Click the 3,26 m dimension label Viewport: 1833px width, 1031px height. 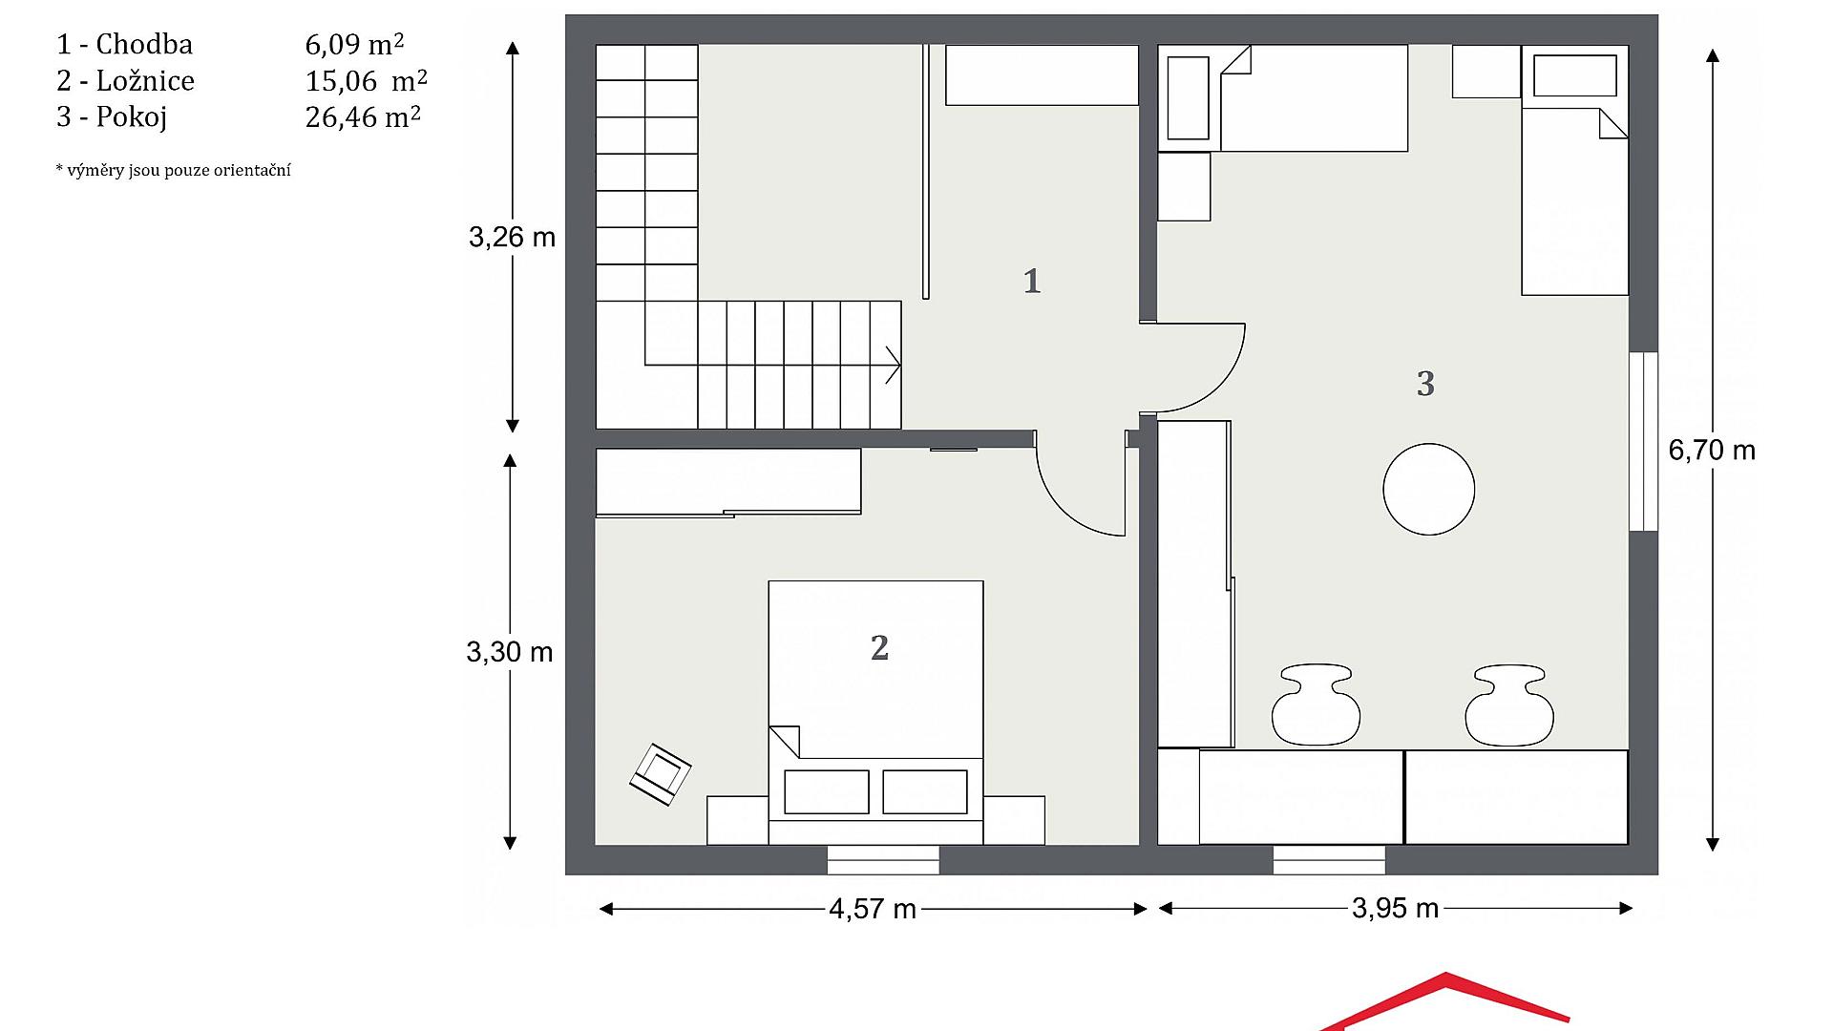pyautogui.click(x=512, y=237)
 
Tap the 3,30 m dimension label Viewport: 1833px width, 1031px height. pyautogui.click(x=510, y=652)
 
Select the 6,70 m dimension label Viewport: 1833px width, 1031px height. pyautogui.click(x=1712, y=450)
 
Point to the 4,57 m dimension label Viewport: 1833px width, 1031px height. pyautogui.click(x=873, y=909)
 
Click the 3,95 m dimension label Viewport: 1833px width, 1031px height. pyautogui.click(x=1395, y=908)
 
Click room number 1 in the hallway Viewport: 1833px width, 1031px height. pyautogui.click(x=1032, y=281)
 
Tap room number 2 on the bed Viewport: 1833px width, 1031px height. pyautogui.click(x=879, y=648)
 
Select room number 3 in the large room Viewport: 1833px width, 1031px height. pyautogui.click(x=1425, y=384)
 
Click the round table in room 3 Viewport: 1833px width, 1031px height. pyautogui.click(x=1428, y=489)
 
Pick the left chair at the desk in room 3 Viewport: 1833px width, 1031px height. pyautogui.click(x=1316, y=705)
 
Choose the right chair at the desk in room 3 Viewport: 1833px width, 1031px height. pyautogui.click(x=1509, y=705)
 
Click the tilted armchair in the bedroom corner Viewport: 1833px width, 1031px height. pyautogui.click(x=660, y=773)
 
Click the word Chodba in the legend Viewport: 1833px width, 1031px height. pyautogui.click(x=144, y=44)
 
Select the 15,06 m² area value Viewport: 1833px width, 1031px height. pyautogui.click(x=367, y=80)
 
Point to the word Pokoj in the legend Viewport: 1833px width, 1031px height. pyautogui.click(x=132, y=116)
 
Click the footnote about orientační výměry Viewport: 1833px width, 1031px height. pyautogui.click(x=173, y=170)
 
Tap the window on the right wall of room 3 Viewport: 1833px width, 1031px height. pyautogui.click(x=1643, y=441)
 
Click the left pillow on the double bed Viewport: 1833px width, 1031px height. pyautogui.click(x=826, y=792)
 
